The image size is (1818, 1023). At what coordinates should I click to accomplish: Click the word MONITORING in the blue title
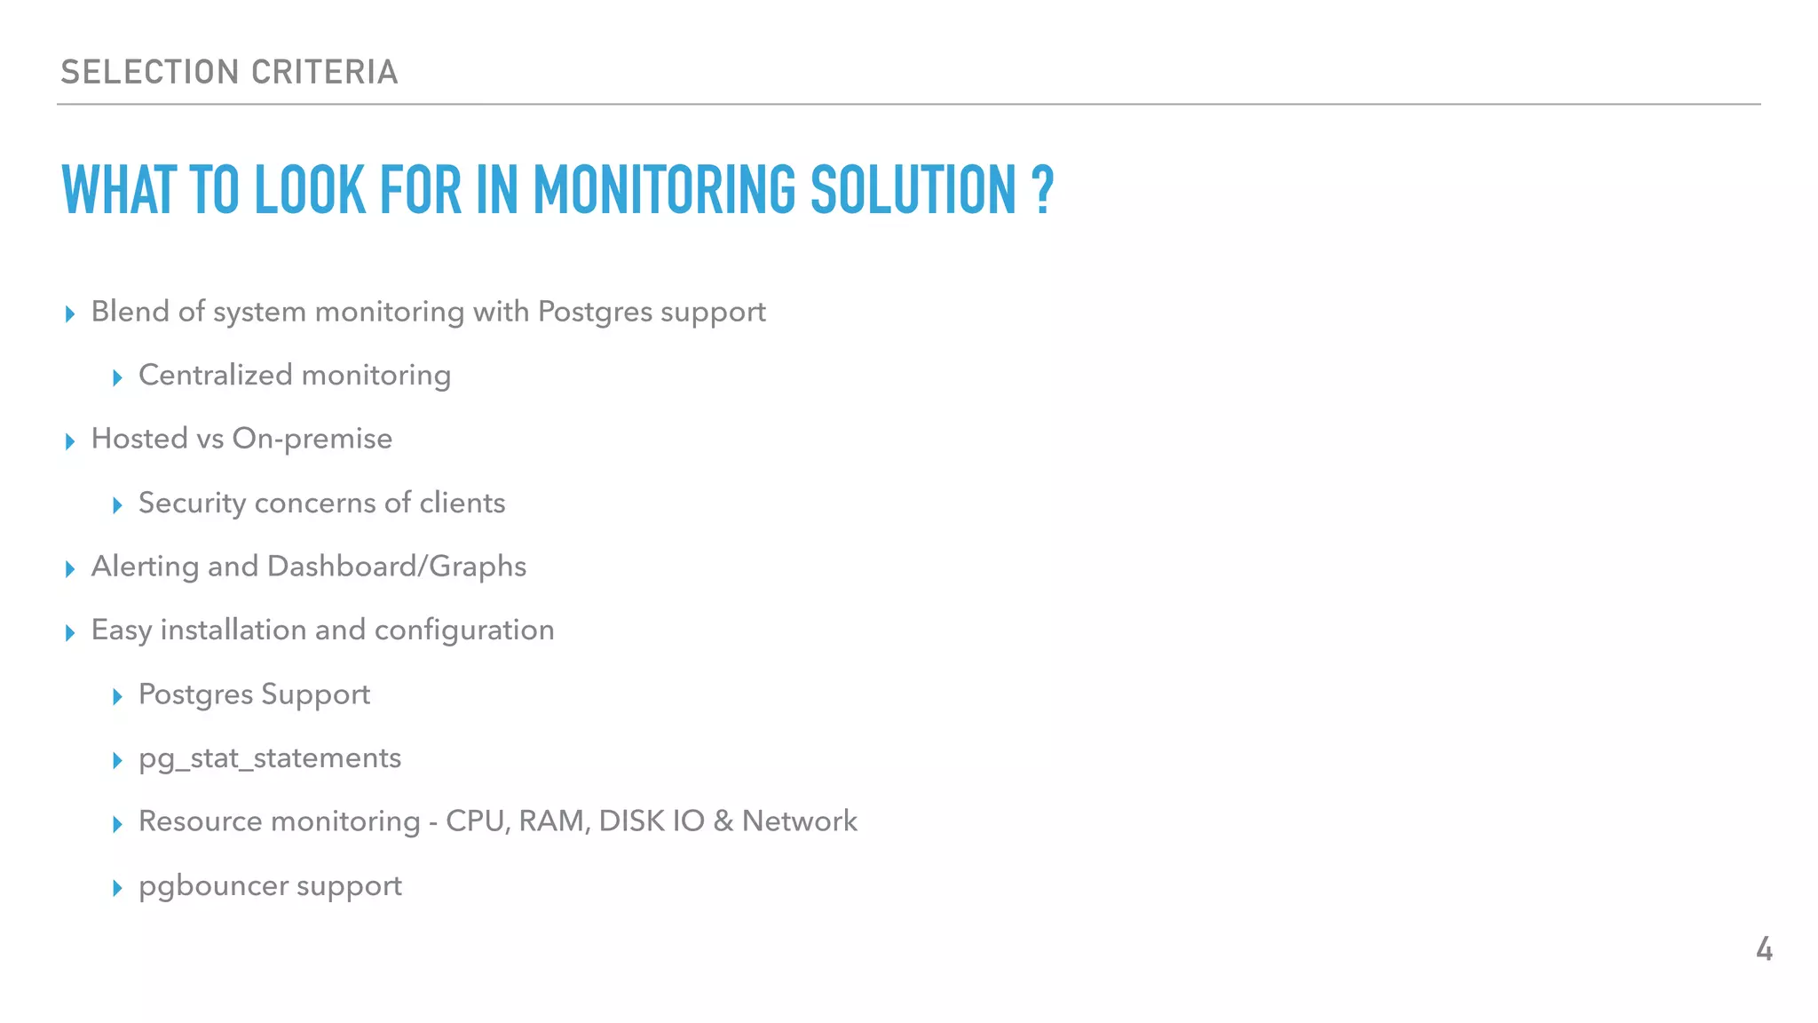(664, 190)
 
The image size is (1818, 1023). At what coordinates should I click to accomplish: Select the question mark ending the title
(1042, 190)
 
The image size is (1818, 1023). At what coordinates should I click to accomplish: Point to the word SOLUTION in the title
(913, 190)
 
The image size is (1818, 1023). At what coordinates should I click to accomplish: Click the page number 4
(1764, 949)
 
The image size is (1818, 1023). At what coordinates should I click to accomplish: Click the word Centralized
(216, 375)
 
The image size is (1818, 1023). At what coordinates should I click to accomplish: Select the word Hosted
(139, 439)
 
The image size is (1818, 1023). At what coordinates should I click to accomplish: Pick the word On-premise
(312, 439)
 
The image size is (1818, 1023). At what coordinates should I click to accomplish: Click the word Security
(192, 503)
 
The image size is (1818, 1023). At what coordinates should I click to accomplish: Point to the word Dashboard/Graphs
(397, 567)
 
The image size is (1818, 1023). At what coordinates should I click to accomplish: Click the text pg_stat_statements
(270, 758)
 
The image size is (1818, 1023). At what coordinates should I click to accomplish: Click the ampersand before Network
(723, 821)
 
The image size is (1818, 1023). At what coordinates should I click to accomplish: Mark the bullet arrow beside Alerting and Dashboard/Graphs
(70, 568)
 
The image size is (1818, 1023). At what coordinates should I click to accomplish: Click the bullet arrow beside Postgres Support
(117, 696)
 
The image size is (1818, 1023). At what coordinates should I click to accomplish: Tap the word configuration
(464, 630)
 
